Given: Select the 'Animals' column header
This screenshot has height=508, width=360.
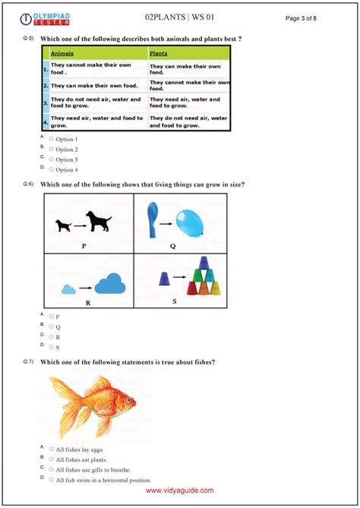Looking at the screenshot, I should (62, 54).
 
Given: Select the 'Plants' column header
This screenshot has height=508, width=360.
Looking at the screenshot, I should (159, 54).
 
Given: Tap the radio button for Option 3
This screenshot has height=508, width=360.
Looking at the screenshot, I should (52, 159).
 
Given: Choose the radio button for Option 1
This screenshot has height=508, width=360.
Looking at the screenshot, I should (52, 140).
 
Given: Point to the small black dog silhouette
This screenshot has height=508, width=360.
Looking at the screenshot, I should (64, 226).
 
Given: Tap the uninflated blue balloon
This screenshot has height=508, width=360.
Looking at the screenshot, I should (153, 213).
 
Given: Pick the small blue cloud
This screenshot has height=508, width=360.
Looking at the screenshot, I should (69, 289).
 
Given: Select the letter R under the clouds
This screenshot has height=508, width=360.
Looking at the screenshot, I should (88, 302).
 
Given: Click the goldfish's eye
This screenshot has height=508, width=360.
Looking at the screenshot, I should (127, 398).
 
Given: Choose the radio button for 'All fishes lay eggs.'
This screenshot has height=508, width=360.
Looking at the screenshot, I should (52, 449).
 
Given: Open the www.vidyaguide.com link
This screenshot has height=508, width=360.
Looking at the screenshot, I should (179, 491).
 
